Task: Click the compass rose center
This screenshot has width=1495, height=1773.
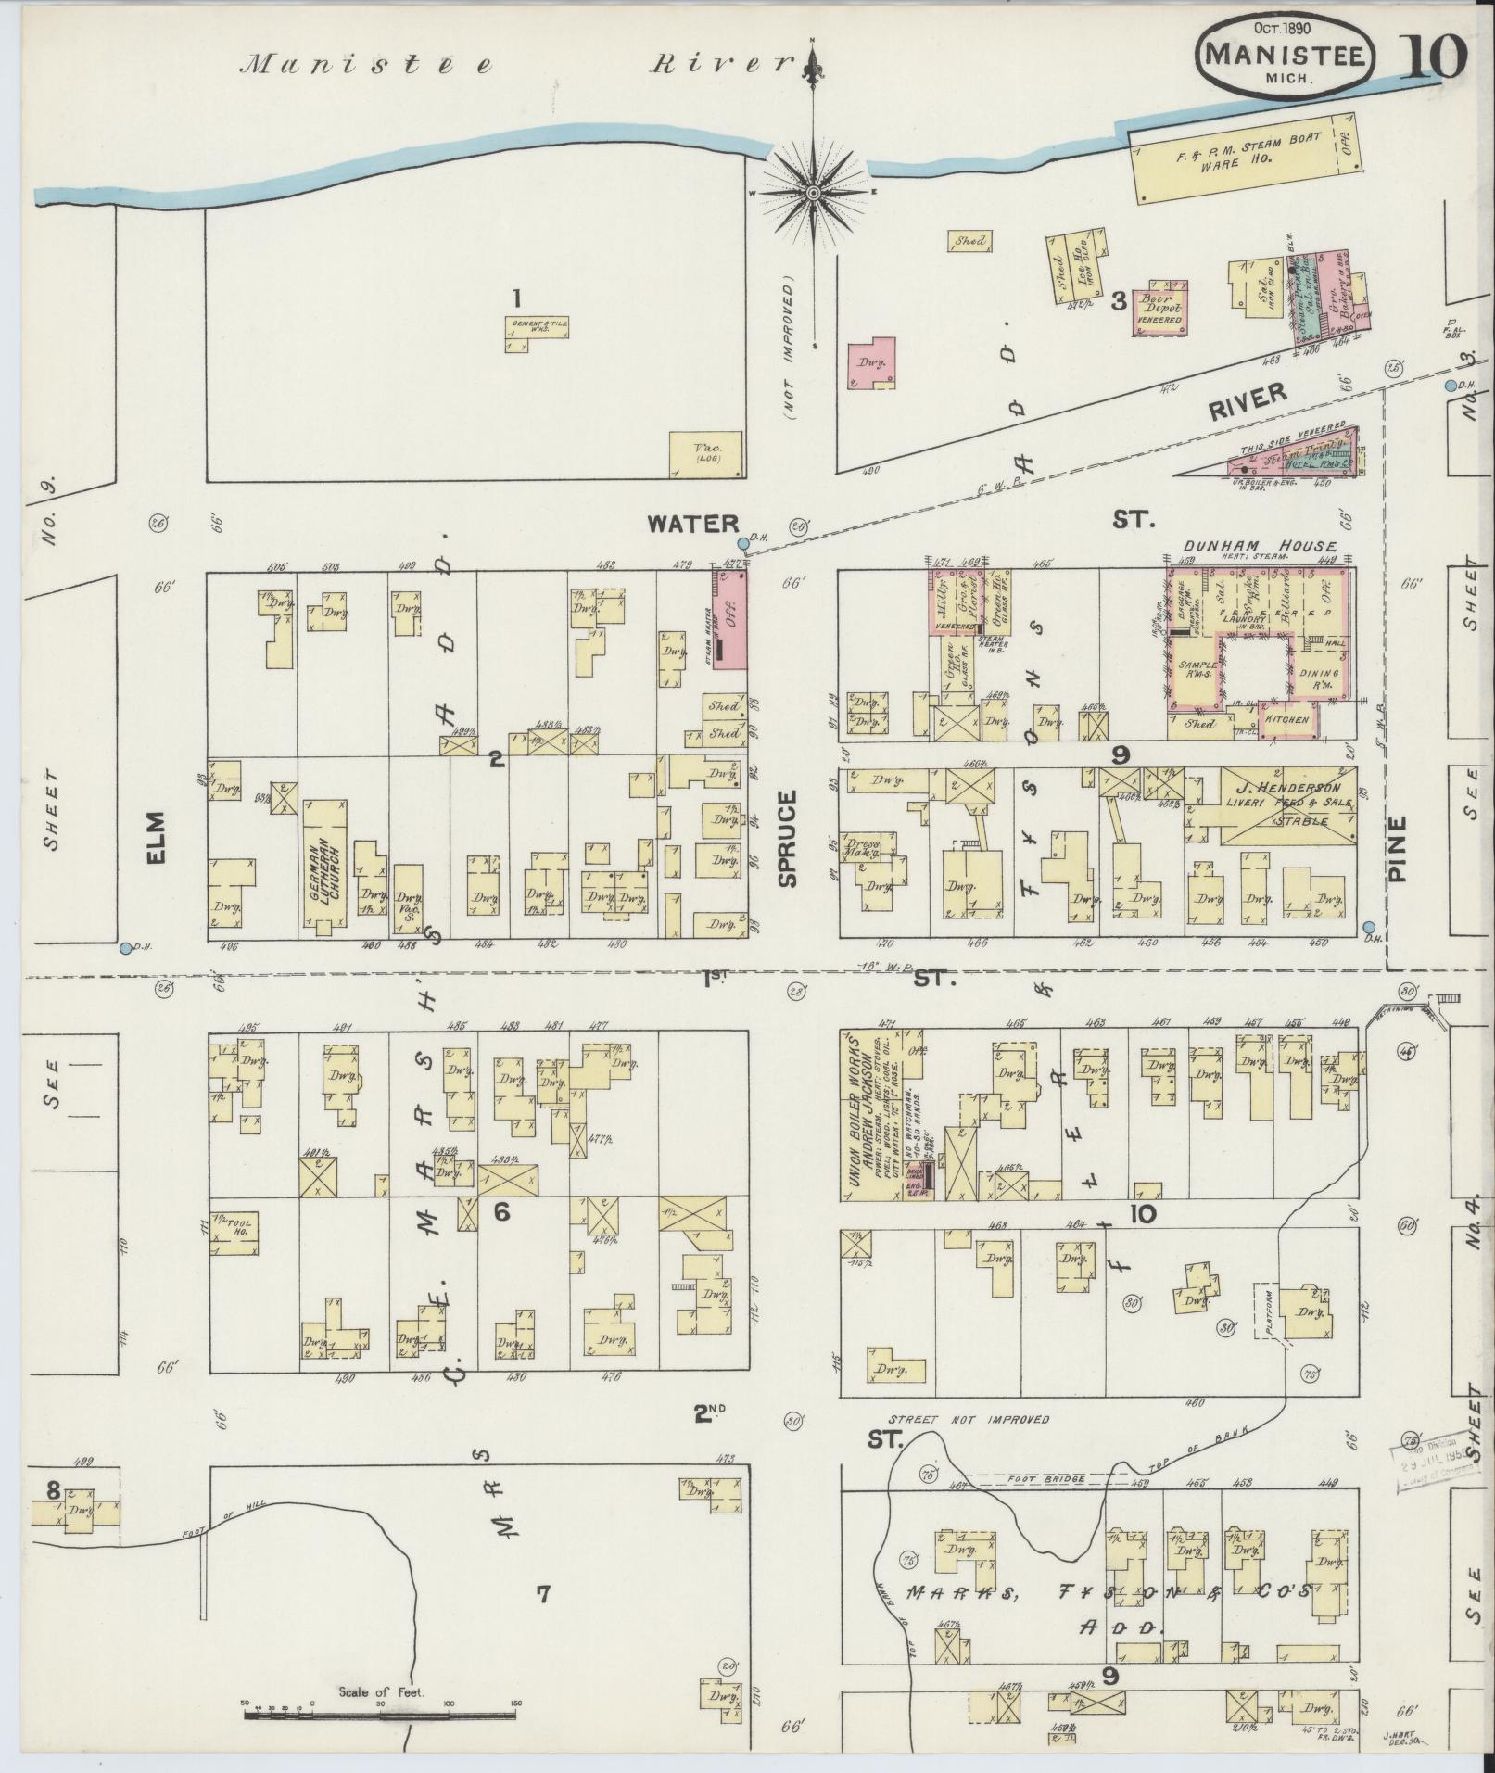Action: tap(813, 192)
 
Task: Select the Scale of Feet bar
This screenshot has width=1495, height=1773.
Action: tap(380, 1714)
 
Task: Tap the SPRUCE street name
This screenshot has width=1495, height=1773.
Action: tap(787, 838)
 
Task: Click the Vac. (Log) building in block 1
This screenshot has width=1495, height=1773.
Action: tap(706, 454)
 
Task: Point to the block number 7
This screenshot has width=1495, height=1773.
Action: tap(543, 1592)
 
